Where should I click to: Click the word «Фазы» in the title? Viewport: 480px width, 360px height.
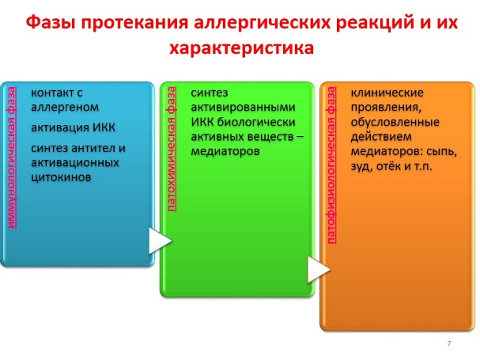pos(51,24)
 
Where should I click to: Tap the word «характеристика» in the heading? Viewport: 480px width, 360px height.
pos(242,48)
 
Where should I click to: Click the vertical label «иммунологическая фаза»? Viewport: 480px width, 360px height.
pos(11,157)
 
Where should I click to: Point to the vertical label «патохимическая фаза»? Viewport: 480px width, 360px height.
pos(172,150)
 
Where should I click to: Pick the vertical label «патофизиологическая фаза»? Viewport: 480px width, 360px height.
pos(331,165)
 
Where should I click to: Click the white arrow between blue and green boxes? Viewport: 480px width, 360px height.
pos(159,241)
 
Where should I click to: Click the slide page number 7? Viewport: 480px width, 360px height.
pos(449,343)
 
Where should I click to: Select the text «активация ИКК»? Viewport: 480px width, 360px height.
pos(74,127)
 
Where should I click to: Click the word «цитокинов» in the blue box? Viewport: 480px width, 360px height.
pos(61,177)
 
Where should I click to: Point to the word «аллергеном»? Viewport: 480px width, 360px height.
pos(65,108)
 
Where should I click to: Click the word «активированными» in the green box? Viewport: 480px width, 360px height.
pos(243,108)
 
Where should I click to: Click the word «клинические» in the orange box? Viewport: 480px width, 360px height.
pos(387,93)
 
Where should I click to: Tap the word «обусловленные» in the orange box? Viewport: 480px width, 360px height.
pos(395,123)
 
